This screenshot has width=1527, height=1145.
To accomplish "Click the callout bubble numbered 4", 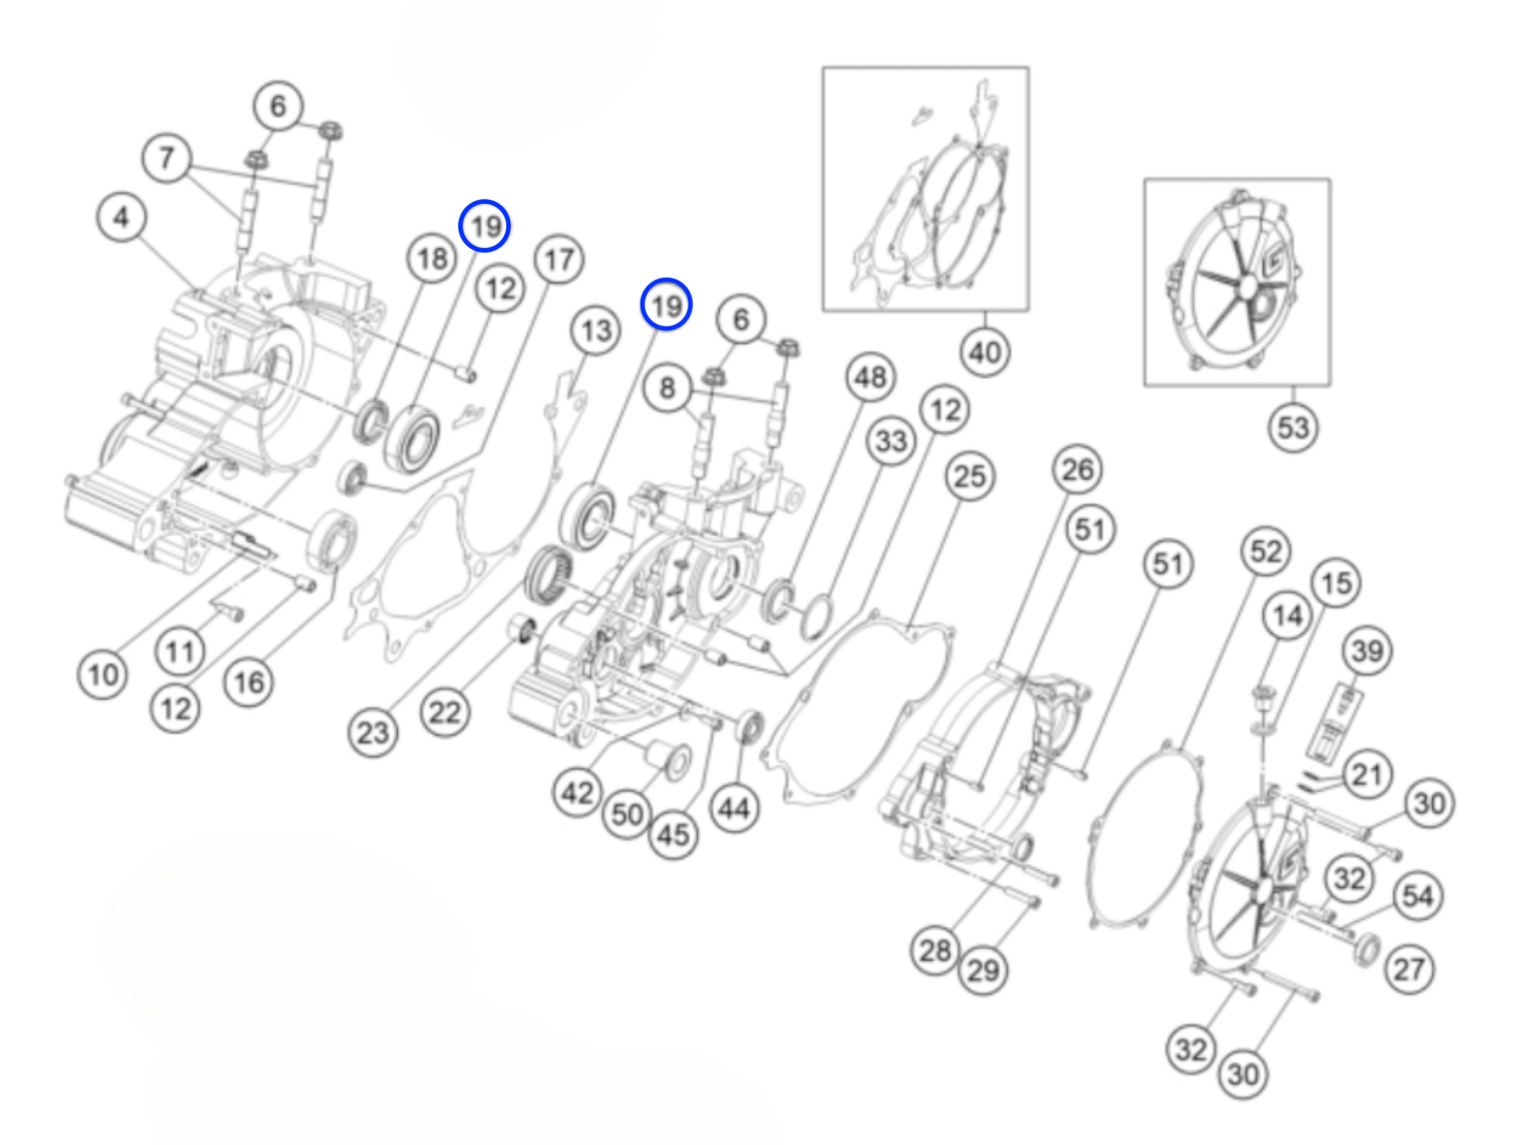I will (121, 218).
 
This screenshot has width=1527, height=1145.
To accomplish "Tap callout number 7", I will (166, 159).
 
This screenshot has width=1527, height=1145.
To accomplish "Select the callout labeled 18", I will (431, 259).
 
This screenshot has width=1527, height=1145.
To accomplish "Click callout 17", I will (559, 260).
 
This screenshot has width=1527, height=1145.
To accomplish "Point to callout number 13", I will (596, 331).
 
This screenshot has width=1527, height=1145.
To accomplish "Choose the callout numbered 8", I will (667, 388).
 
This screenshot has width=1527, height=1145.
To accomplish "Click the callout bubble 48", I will (870, 377).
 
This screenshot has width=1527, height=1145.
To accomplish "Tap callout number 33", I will (891, 440).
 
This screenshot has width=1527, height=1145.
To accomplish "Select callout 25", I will (970, 477).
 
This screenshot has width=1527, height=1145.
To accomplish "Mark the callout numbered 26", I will (1077, 469).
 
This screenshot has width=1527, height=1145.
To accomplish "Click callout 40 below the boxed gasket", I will (985, 353).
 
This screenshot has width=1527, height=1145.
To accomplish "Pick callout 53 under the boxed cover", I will (1293, 427).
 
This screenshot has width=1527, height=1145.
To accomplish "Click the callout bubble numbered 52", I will (1265, 551).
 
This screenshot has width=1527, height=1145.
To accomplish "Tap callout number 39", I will (1367, 651).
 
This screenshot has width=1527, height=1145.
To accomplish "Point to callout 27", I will (1409, 969).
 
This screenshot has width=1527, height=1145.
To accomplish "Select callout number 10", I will (103, 675).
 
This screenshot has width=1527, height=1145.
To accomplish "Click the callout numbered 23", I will (373, 733).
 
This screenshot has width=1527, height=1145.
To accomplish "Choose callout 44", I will (734, 808).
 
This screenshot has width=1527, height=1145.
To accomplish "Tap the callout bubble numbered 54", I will (1418, 896).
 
